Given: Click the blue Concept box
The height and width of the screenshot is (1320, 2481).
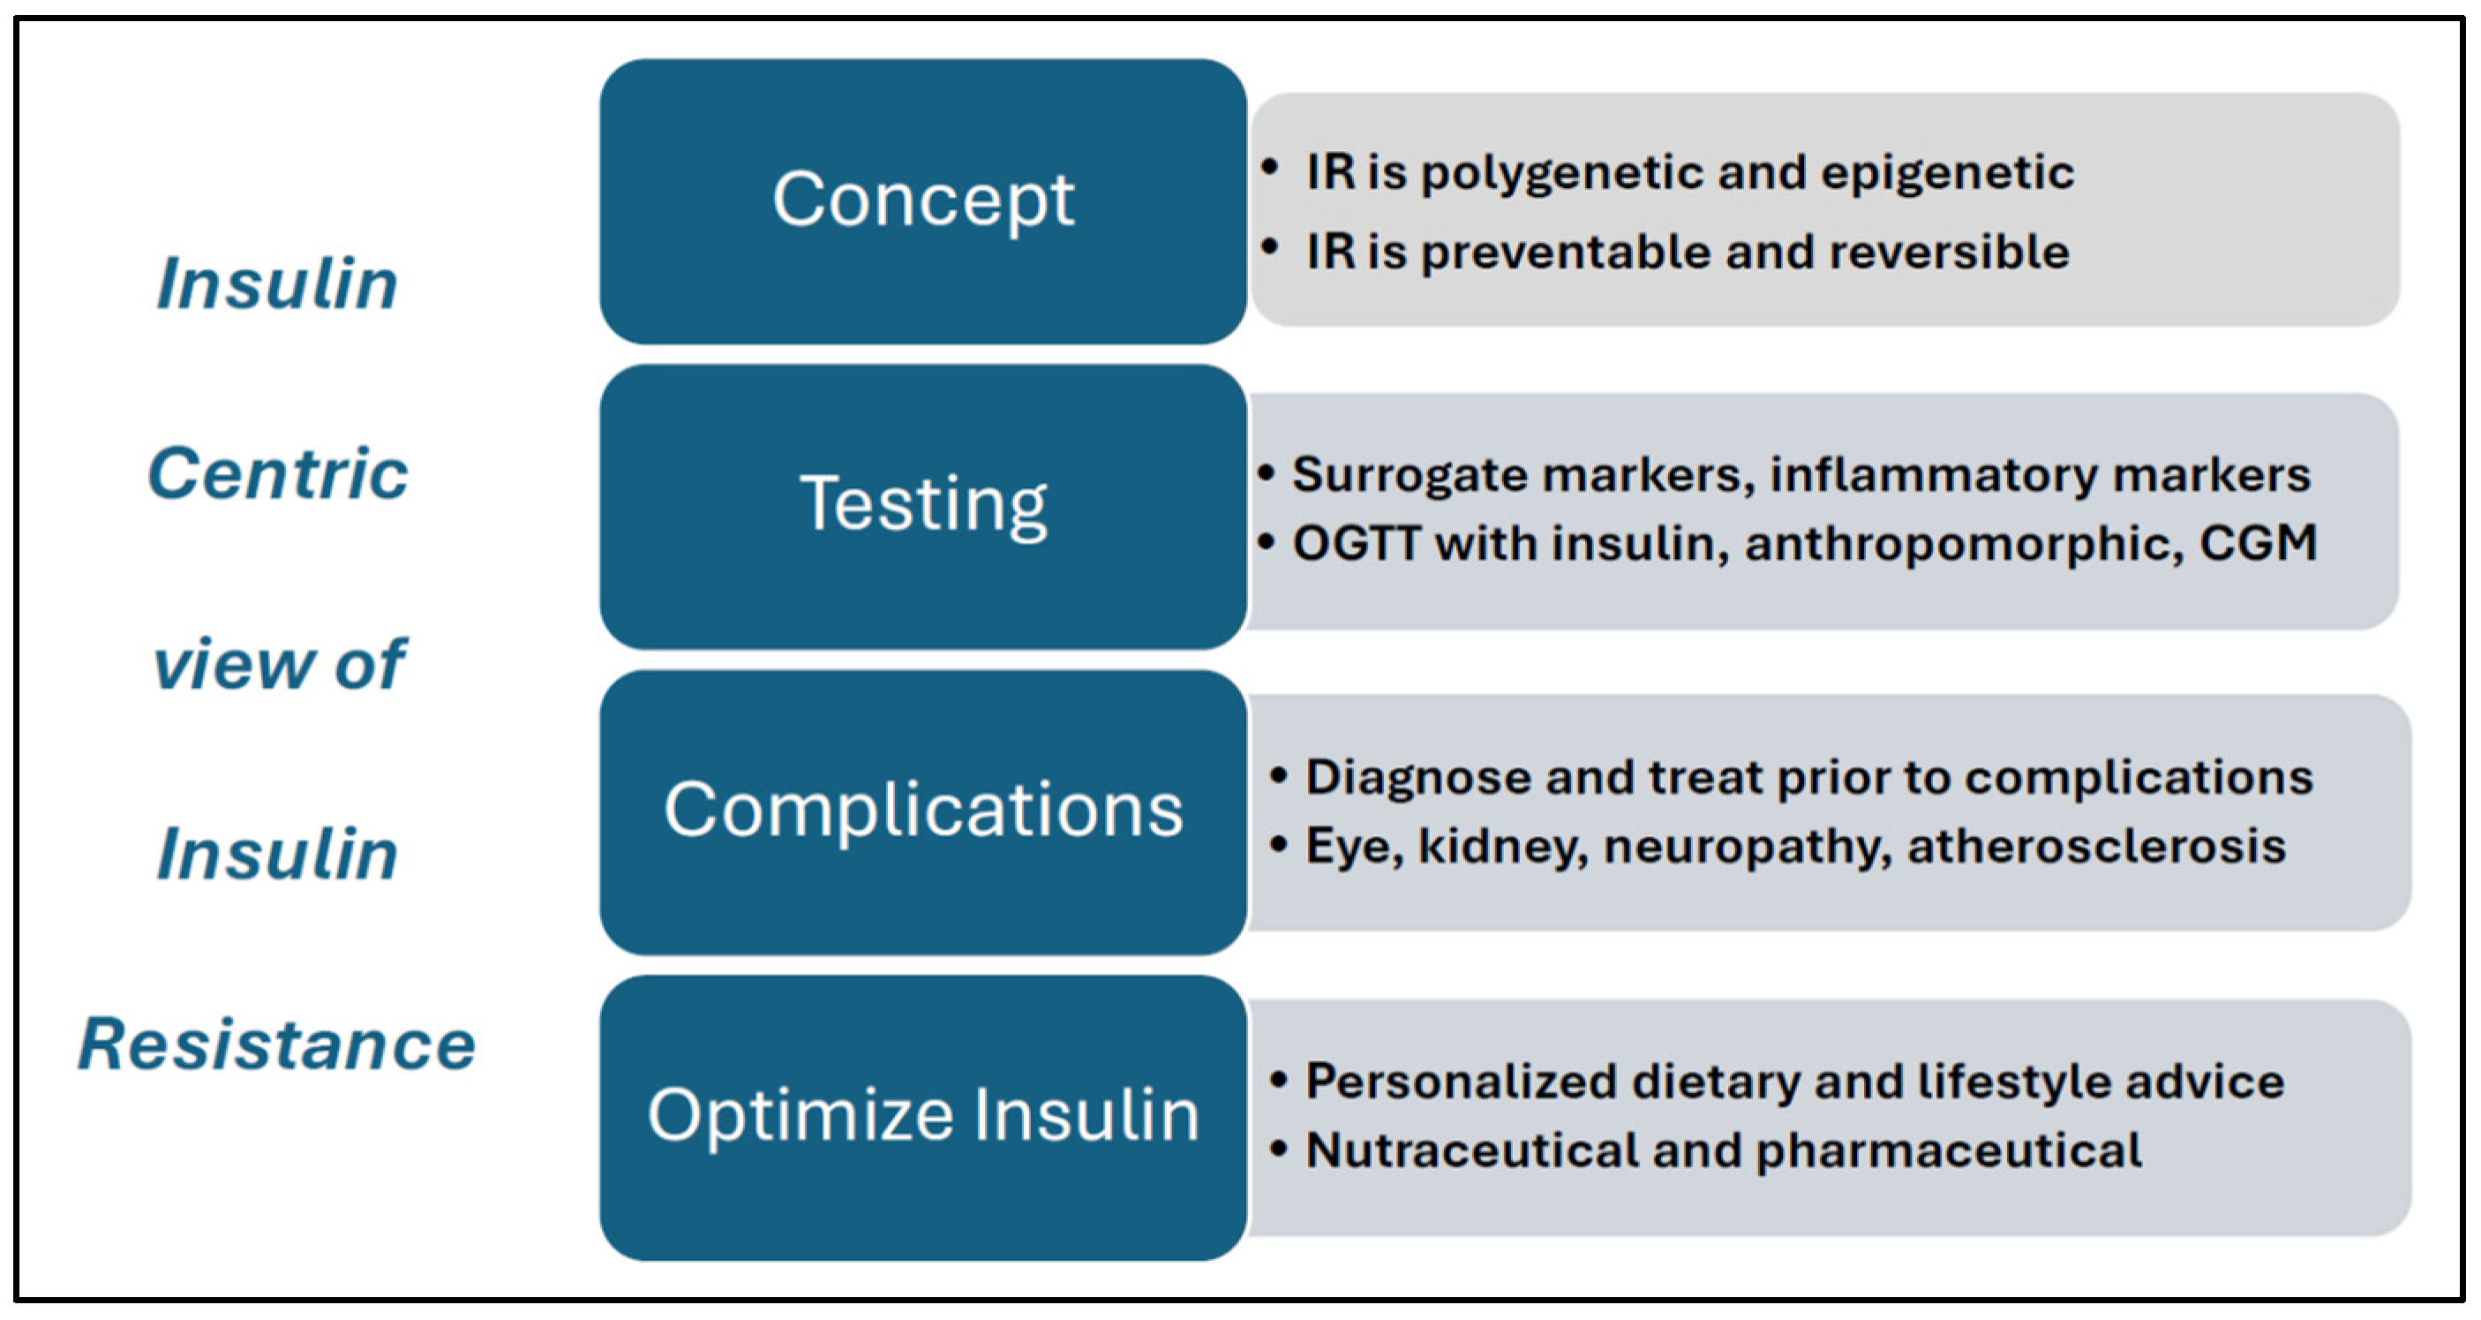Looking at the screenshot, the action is (x=922, y=201).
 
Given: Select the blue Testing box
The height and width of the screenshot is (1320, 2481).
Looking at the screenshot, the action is (x=922, y=507).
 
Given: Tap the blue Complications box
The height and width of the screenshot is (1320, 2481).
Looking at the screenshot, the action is (x=922, y=812).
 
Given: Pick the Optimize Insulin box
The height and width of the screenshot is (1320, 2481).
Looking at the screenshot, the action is (x=922, y=1118).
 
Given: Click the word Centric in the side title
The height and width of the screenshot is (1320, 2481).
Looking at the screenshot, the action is (x=278, y=474).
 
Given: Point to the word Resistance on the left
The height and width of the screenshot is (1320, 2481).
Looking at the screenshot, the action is (x=277, y=1045).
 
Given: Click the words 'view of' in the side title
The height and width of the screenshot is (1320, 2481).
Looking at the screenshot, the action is (x=279, y=664).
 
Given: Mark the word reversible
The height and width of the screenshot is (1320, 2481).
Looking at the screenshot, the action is (x=1950, y=253).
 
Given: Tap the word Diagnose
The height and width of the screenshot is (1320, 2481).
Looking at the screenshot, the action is (x=1417, y=779).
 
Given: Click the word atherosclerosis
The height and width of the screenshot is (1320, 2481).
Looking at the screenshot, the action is (x=2097, y=846).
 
